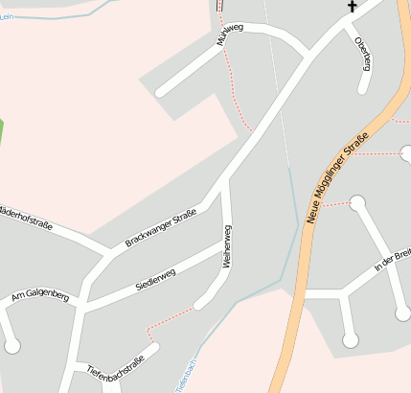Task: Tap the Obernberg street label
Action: point(362,53)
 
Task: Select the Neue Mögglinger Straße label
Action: point(337,178)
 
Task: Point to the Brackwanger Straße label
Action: point(160,227)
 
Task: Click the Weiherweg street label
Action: point(227,245)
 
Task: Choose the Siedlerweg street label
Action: point(155,279)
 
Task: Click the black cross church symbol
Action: point(352,7)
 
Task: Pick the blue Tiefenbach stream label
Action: point(186,376)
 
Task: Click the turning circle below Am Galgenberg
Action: point(12,345)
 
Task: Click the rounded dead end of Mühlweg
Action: point(161,92)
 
